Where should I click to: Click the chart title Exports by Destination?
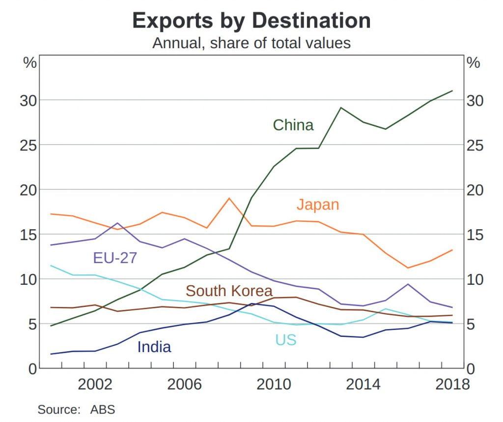(x=251, y=20)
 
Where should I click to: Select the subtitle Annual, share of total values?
(x=251, y=43)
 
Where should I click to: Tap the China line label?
(x=293, y=125)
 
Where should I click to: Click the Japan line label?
(x=318, y=204)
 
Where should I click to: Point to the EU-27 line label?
(x=115, y=258)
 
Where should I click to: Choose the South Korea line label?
(x=229, y=290)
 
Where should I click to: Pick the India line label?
(x=154, y=347)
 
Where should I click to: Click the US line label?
(x=285, y=339)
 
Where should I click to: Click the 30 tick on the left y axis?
(x=28, y=100)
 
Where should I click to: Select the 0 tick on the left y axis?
(x=32, y=369)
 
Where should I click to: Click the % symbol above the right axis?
(x=474, y=63)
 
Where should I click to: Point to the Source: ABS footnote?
(x=76, y=409)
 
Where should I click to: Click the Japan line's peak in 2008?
(x=229, y=198)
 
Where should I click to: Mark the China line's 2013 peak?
(x=341, y=107)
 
